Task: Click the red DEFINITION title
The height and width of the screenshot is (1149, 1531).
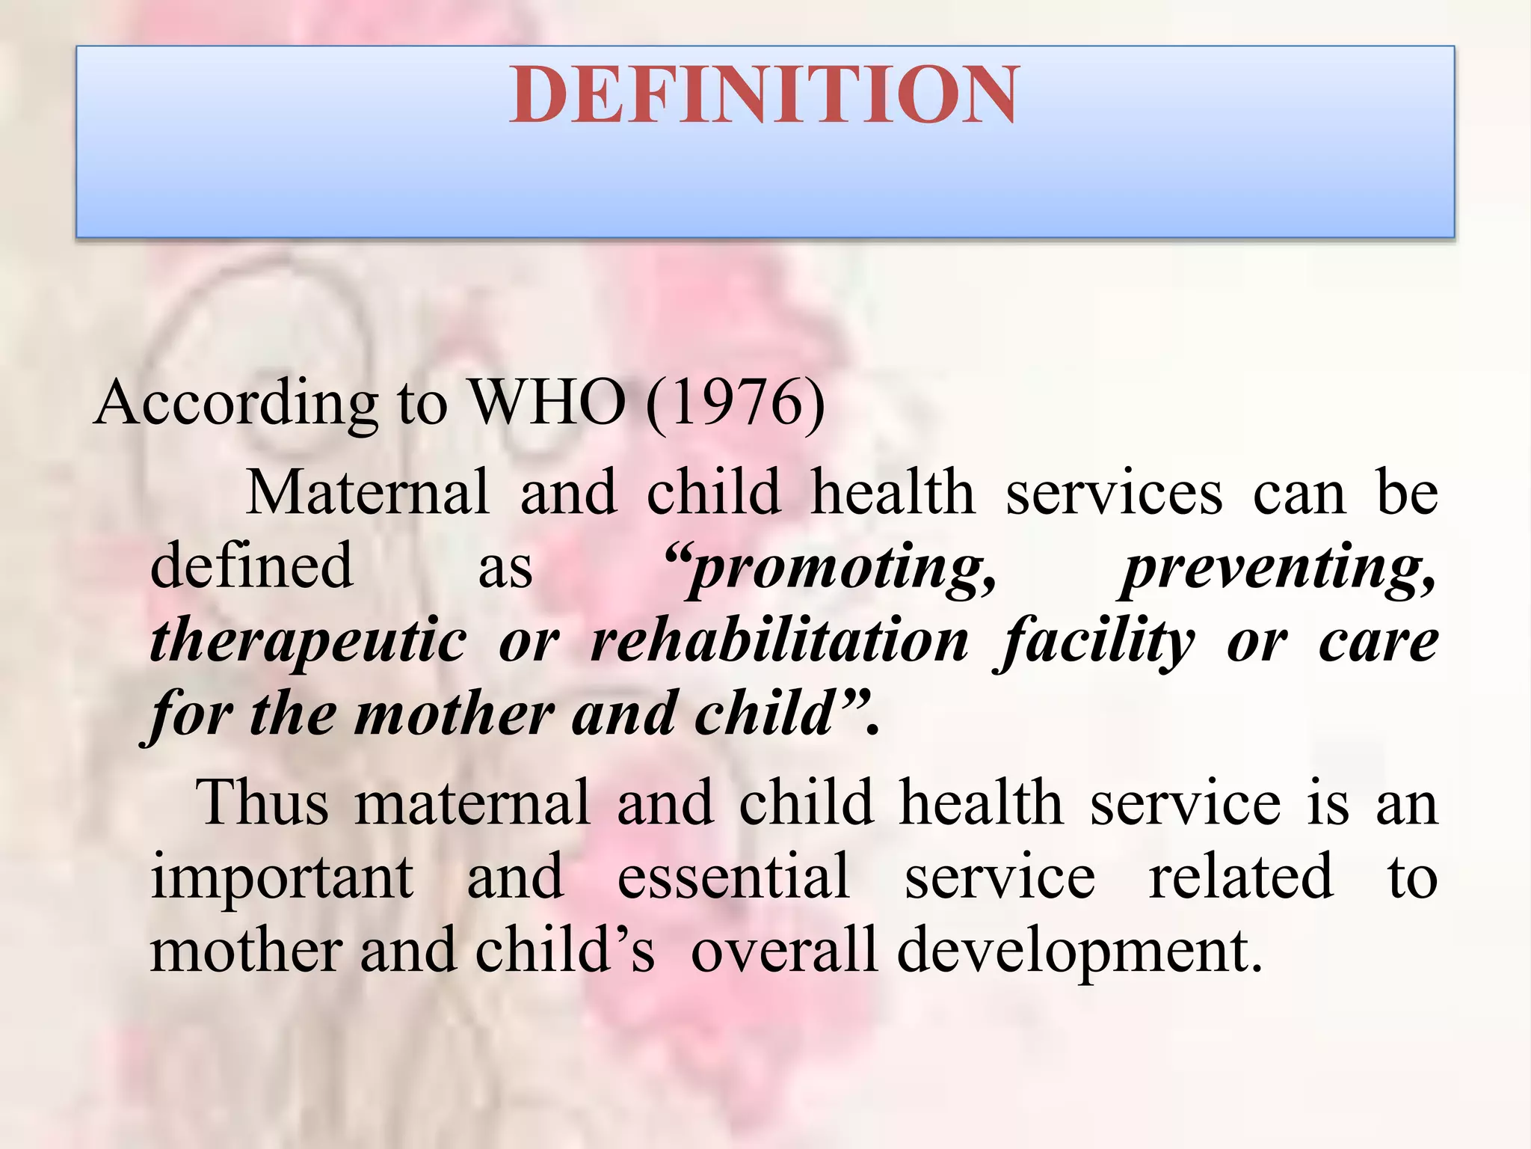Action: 764,95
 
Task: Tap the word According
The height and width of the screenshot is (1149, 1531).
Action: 236,403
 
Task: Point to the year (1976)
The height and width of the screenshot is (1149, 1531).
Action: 736,403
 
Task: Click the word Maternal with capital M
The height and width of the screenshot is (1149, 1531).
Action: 367,492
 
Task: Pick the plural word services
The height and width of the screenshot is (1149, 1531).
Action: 1114,492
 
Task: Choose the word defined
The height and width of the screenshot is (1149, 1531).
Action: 251,566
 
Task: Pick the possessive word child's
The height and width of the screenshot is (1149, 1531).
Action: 564,950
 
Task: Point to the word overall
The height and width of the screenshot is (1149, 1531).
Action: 783,950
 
